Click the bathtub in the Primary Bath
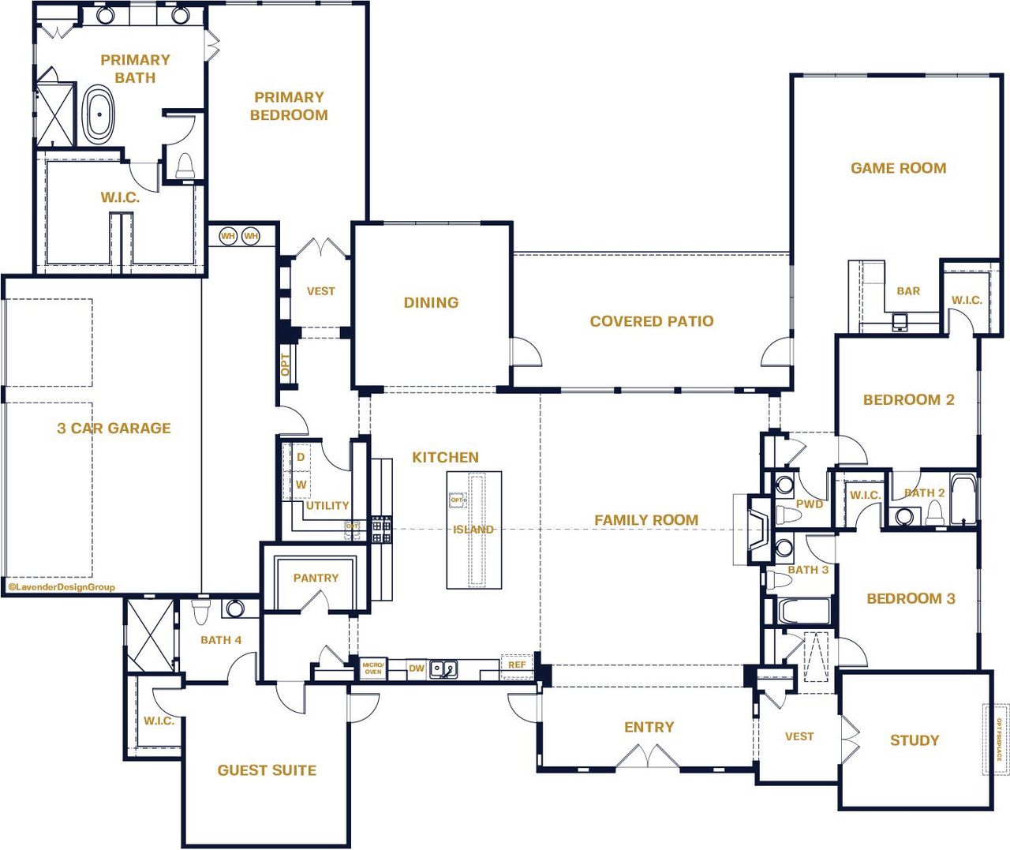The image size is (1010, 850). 99,115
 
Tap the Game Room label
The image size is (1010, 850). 898,168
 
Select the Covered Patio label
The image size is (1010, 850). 651,321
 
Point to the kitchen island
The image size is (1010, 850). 474,530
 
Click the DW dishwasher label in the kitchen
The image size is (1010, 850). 417,668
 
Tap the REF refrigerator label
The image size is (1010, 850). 517,665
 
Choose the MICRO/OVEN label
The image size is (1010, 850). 372,668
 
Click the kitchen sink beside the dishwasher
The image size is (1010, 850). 443,670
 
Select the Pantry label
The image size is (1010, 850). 316,578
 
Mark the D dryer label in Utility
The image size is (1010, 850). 301,457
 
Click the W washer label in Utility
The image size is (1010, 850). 301,485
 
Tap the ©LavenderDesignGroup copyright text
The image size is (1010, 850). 62,587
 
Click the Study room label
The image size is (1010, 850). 915,740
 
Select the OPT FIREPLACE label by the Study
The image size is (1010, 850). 997,740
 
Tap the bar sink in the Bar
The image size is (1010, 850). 900,321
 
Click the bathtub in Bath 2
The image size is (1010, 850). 962,499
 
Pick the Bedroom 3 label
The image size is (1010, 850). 911,598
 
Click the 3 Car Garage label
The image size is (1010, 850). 114,428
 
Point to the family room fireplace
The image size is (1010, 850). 756,529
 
